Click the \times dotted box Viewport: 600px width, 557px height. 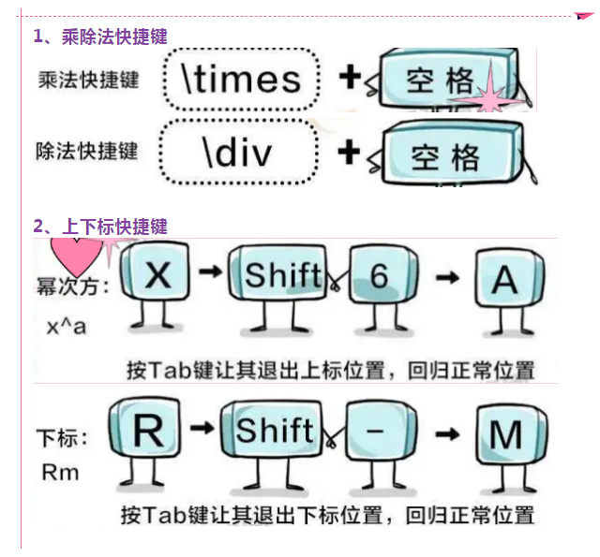click(241, 80)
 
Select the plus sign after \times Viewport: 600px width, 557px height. click(349, 78)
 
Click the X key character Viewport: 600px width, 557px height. click(159, 276)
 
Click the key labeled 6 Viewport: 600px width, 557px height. click(379, 276)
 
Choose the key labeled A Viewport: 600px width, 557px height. click(505, 279)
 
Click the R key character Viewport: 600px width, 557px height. click(148, 431)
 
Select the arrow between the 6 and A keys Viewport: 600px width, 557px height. click(447, 277)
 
